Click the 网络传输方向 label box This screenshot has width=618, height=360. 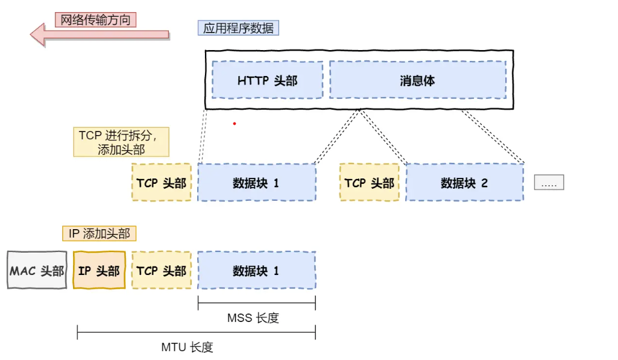pyautogui.click(x=96, y=19)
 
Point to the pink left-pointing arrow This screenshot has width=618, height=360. pyautogui.click(x=99, y=34)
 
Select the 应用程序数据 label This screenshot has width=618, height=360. pyautogui.click(x=238, y=28)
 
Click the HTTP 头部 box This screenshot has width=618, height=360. pyautogui.click(x=267, y=80)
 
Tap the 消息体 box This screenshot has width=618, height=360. pyautogui.click(x=417, y=80)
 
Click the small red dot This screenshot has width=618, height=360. pyautogui.click(x=235, y=124)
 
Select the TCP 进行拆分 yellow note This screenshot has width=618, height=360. pyautogui.click(x=121, y=142)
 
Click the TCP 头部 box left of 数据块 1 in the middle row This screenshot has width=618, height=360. pyautogui.click(x=162, y=183)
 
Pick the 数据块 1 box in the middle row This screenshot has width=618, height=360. pyautogui.click(x=256, y=183)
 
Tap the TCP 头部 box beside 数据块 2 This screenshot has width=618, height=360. pyautogui.click(x=370, y=183)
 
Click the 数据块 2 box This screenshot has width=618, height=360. pyautogui.click(x=464, y=183)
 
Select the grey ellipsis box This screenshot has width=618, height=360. pyautogui.click(x=549, y=183)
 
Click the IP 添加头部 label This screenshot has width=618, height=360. pyautogui.click(x=99, y=233)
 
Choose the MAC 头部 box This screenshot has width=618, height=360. pyautogui.click(x=37, y=270)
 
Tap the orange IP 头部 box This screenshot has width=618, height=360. pyautogui.click(x=99, y=270)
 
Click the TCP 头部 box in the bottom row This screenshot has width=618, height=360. pyautogui.click(x=162, y=270)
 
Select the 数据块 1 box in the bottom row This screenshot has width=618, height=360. pyautogui.click(x=256, y=270)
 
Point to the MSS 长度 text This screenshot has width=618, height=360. pyautogui.click(x=253, y=318)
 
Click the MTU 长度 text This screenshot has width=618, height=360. pyautogui.click(x=187, y=347)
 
